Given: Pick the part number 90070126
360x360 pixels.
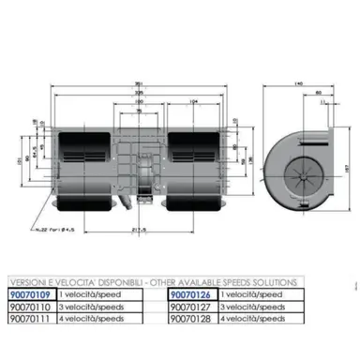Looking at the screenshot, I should point(191,293).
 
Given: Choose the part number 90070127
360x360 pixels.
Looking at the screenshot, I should point(191,306).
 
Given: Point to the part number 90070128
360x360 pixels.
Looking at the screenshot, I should point(191,318).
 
